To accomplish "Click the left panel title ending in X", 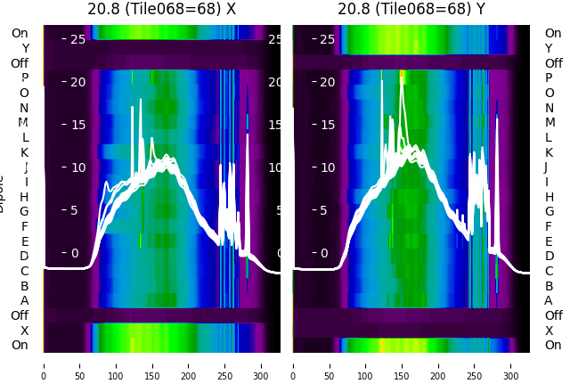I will click(x=161, y=9).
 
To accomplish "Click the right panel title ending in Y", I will click(x=411, y=9).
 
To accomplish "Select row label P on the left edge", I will click(x=25, y=78).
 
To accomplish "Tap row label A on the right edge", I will click(x=549, y=300).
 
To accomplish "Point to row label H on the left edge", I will click(x=25, y=196).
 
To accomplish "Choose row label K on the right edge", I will click(x=549, y=151).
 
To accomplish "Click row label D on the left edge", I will click(x=25, y=256).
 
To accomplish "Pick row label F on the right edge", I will click(x=549, y=226).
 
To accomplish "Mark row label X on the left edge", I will click(x=25, y=331).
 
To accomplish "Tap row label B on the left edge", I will click(x=25, y=286).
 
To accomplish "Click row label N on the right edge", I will click(x=549, y=107).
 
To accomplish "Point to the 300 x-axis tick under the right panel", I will click(x=511, y=364).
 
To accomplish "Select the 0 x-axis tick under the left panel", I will click(x=44, y=364).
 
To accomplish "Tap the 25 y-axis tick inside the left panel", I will click(x=77, y=39).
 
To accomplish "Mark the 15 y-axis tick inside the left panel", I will click(x=77, y=125).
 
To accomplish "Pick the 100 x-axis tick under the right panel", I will click(x=366, y=364).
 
